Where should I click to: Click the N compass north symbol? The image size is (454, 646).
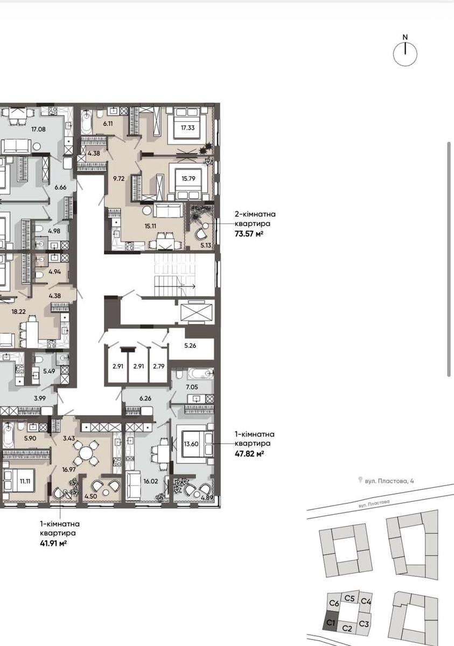(x=405, y=37)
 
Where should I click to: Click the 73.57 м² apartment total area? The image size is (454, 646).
(x=249, y=234)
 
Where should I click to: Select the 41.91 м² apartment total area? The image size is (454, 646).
(x=54, y=544)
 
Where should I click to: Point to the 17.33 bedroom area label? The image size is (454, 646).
(x=188, y=128)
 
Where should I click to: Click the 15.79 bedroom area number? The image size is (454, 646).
(x=188, y=179)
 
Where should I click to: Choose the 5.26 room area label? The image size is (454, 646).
(x=190, y=346)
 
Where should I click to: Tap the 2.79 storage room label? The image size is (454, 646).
(x=159, y=366)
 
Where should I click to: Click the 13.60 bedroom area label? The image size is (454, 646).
(x=191, y=444)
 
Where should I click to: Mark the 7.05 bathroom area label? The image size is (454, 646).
(x=192, y=387)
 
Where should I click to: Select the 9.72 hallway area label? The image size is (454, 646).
(x=119, y=179)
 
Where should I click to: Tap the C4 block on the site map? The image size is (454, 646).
(x=366, y=602)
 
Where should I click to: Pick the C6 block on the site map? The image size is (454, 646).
(x=334, y=603)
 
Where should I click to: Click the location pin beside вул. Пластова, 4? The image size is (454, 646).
(x=360, y=480)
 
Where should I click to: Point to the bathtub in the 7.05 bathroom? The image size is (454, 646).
(x=200, y=374)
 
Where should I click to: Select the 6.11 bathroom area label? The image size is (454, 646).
(x=108, y=124)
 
